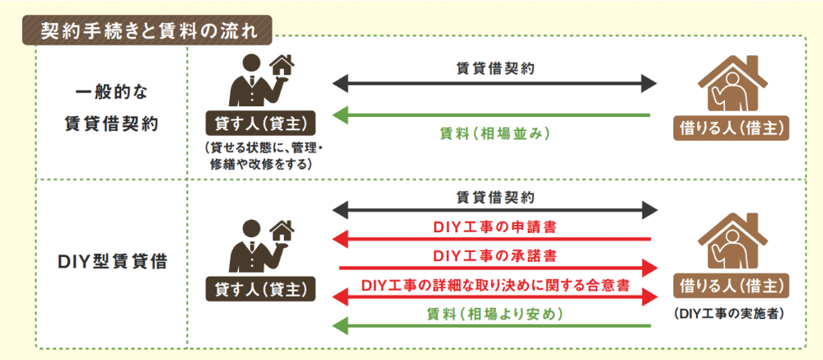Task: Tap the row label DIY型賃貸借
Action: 115,263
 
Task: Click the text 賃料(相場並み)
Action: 494,133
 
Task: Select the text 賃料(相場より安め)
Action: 494,313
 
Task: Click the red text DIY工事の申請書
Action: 494,225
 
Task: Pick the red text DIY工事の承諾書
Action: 494,254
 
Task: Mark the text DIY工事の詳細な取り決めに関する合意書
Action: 495,283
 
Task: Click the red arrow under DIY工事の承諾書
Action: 494,268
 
